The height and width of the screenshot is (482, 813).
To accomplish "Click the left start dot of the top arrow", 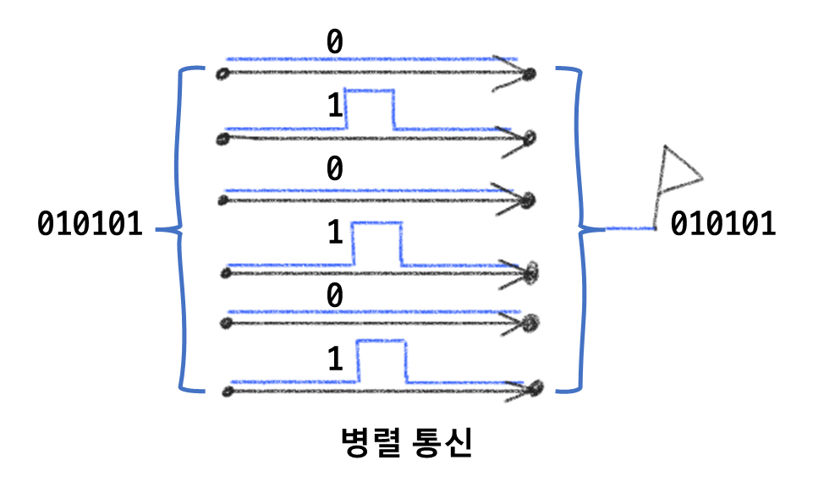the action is coord(222,74).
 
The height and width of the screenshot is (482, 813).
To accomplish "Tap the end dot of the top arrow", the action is coord(529,74).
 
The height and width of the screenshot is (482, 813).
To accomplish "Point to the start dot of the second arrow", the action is coord(222,139).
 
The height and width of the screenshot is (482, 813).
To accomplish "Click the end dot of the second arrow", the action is coord(530,137).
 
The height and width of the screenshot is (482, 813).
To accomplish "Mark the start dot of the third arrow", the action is coord(222,201).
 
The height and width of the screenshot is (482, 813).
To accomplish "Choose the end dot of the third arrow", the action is coord(528,201).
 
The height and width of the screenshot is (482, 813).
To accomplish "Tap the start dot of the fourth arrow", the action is coord(226,273).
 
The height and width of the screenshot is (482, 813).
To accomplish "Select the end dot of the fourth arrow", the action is coord(531,273).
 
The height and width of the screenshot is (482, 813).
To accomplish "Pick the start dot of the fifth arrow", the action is coord(226,323).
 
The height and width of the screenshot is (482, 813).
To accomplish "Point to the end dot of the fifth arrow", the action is coord(530,322).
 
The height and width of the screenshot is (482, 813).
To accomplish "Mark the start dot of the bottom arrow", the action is coord(227,392).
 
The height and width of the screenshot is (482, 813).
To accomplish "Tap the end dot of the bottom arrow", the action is coord(535,388).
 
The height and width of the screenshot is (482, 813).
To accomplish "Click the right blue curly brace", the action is coord(580,228).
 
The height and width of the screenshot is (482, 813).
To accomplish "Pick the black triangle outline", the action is coord(678,173).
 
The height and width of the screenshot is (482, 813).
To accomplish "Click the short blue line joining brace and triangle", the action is coord(630,228).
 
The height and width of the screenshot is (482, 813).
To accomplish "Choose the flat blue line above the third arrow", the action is coord(355,190).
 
